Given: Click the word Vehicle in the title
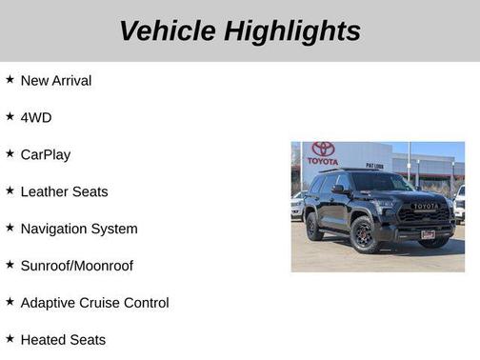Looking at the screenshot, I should click(167, 30).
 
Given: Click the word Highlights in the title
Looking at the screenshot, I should click(292, 30).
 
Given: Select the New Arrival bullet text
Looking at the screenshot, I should click(56, 81).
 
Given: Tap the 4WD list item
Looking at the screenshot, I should click(36, 117).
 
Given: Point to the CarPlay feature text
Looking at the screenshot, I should click(46, 154).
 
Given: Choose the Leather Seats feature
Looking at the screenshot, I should click(64, 191).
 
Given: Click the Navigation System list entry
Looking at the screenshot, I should click(79, 229).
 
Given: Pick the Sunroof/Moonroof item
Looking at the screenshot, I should click(77, 266).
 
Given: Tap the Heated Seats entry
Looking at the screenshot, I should click(63, 340).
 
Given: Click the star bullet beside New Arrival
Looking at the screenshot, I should click(10, 80).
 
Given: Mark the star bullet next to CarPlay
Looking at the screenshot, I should click(10, 153).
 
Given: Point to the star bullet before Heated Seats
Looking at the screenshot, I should click(10, 339).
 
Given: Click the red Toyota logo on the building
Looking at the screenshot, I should click(324, 150).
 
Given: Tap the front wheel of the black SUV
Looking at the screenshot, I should click(366, 234).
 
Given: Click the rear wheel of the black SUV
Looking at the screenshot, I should click(314, 227).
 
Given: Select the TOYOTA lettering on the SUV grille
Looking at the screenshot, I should click(425, 206).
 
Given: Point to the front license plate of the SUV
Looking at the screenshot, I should click(428, 234).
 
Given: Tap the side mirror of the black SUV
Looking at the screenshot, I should click(339, 190).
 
